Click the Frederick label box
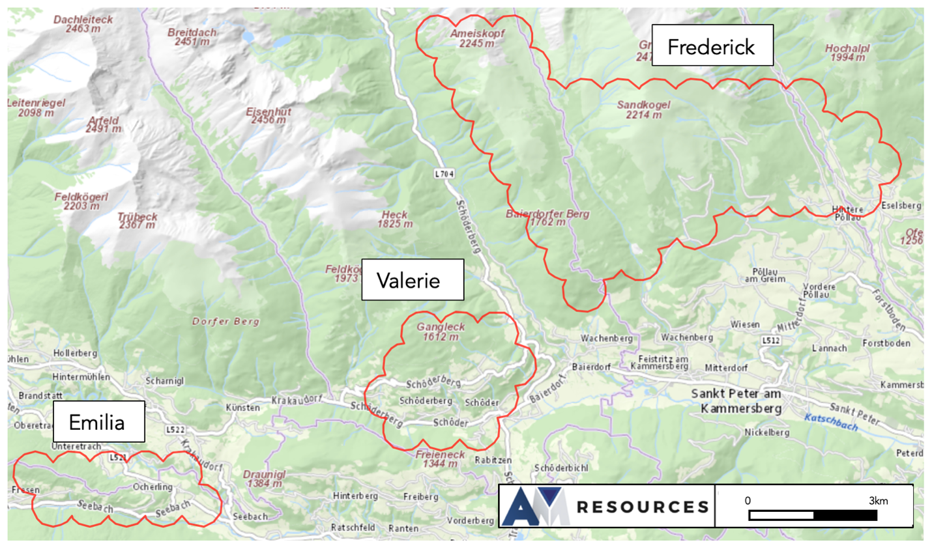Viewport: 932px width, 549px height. pyautogui.click(x=712, y=46)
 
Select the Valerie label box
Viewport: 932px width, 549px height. pyautogui.click(x=412, y=280)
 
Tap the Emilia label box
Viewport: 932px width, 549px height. pyautogui.click(x=98, y=422)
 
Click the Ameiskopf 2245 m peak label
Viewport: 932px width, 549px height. pyautogui.click(x=476, y=38)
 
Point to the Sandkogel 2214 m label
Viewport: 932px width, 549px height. pyautogui.click(x=643, y=109)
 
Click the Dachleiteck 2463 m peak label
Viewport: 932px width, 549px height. pyautogui.click(x=83, y=24)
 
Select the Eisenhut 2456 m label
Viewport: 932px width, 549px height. pyautogui.click(x=268, y=116)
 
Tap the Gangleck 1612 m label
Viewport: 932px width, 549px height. pyautogui.click(x=441, y=331)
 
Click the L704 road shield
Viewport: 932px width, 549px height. pyautogui.click(x=444, y=174)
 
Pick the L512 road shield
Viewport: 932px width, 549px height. pyautogui.click(x=770, y=341)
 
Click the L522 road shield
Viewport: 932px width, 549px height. pyautogui.click(x=175, y=430)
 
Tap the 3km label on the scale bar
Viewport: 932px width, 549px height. pyautogui.click(x=878, y=501)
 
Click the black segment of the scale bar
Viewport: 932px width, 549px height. pyautogui.click(x=845, y=515)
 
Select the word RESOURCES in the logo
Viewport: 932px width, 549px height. pyautogui.click(x=642, y=507)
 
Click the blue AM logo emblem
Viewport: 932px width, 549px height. pyautogui.click(x=536, y=507)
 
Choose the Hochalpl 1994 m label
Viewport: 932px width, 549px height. pyautogui.click(x=847, y=53)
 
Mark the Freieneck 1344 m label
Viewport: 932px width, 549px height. pyautogui.click(x=440, y=459)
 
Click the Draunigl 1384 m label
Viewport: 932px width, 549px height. pyautogui.click(x=265, y=479)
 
